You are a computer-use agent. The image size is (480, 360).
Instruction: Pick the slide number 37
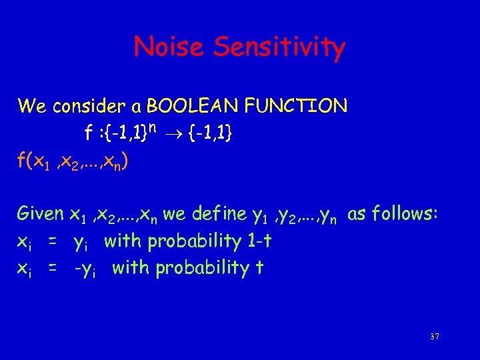pos(435,337)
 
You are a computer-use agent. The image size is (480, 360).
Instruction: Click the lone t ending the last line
pos(261,268)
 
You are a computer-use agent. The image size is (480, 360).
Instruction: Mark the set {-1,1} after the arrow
pos(210,135)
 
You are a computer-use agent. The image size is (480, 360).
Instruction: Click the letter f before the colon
pos(89,134)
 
